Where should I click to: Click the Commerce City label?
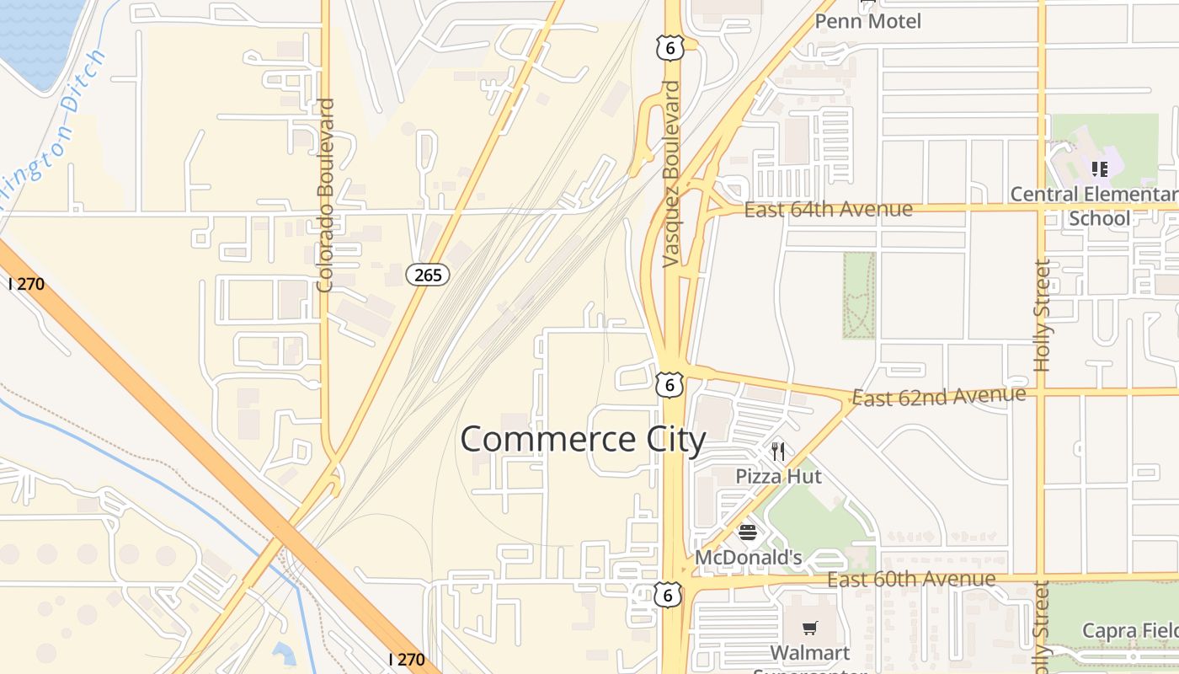tap(583, 440)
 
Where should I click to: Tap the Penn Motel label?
tap(867, 21)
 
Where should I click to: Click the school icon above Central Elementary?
tap(1099, 169)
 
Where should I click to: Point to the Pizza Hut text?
tap(778, 476)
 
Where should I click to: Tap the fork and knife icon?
tap(777, 452)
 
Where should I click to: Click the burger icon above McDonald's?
tap(748, 532)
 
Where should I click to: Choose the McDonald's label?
tap(748, 558)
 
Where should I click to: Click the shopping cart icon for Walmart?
tap(810, 628)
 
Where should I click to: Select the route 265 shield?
tap(428, 274)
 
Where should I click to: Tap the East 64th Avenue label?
tap(829, 209)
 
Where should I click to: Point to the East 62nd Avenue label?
tap(939, 396)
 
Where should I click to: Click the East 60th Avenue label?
tap(911, 580)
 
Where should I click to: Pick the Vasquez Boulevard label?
tap(671, 174)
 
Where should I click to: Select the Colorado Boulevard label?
tap(326, 195)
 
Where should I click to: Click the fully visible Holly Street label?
tap(1043, 316)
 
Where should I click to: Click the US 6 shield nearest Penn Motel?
tap(670, 49)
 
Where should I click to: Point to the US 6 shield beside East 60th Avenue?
tap(668, 595)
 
